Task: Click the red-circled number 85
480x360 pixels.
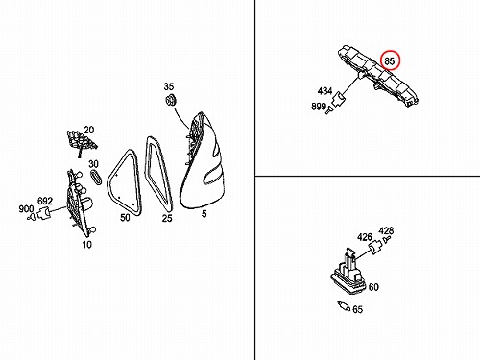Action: click(389, 60)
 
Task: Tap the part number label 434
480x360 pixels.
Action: click(324, 91)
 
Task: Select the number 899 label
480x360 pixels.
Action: click(319, 107)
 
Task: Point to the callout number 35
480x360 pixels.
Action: click(169, 86)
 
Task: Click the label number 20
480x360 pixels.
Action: click(89, 130)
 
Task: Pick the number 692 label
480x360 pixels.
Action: click(45, 201)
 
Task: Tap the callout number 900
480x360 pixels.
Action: click(26, 209)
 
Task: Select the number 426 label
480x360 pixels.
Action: click(365, 237)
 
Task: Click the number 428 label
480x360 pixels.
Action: click(386, 230)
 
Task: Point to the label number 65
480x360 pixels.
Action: click(357, 309)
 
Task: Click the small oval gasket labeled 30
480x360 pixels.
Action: click(95, 177)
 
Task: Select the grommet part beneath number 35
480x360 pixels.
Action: click(171, 100)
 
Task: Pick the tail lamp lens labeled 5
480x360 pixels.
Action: click(203, 160)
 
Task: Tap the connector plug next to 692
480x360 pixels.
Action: click(44, 213)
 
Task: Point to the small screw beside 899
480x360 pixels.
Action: click(329, 111)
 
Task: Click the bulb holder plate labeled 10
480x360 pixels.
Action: click(80, 202)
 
